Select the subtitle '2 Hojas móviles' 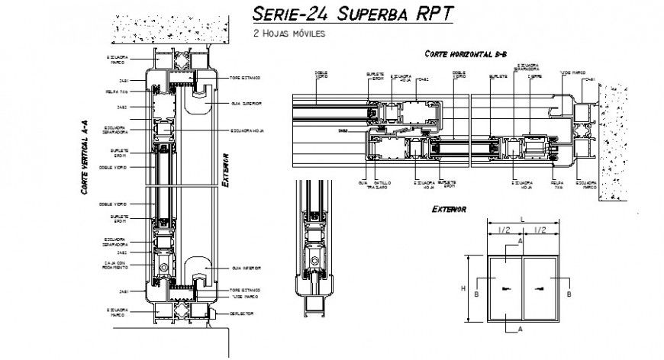tap(289, 34)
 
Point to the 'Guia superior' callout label tap(246, 102)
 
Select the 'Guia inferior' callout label tap(246, 268)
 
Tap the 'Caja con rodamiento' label tap(115, 265)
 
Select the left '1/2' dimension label tap(504, 230)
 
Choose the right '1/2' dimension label tap(540, 230)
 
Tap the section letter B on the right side tap(571, 291)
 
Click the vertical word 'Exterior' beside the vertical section tap(226, 169)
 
